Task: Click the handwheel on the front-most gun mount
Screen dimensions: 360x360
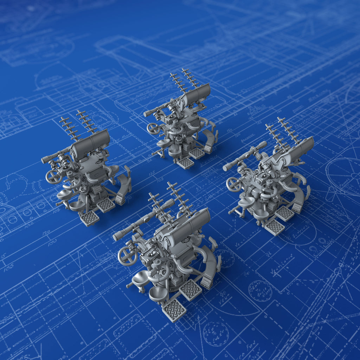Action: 127,256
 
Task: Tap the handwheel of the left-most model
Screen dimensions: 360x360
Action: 53,176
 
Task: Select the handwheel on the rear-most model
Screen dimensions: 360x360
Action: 153,128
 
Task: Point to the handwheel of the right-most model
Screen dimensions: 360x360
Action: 234,184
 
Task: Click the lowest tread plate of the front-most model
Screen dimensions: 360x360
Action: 174,310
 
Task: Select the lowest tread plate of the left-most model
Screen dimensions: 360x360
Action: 89,218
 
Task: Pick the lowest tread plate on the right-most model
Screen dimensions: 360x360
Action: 274,227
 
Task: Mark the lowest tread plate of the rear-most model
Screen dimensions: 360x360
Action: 185,162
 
